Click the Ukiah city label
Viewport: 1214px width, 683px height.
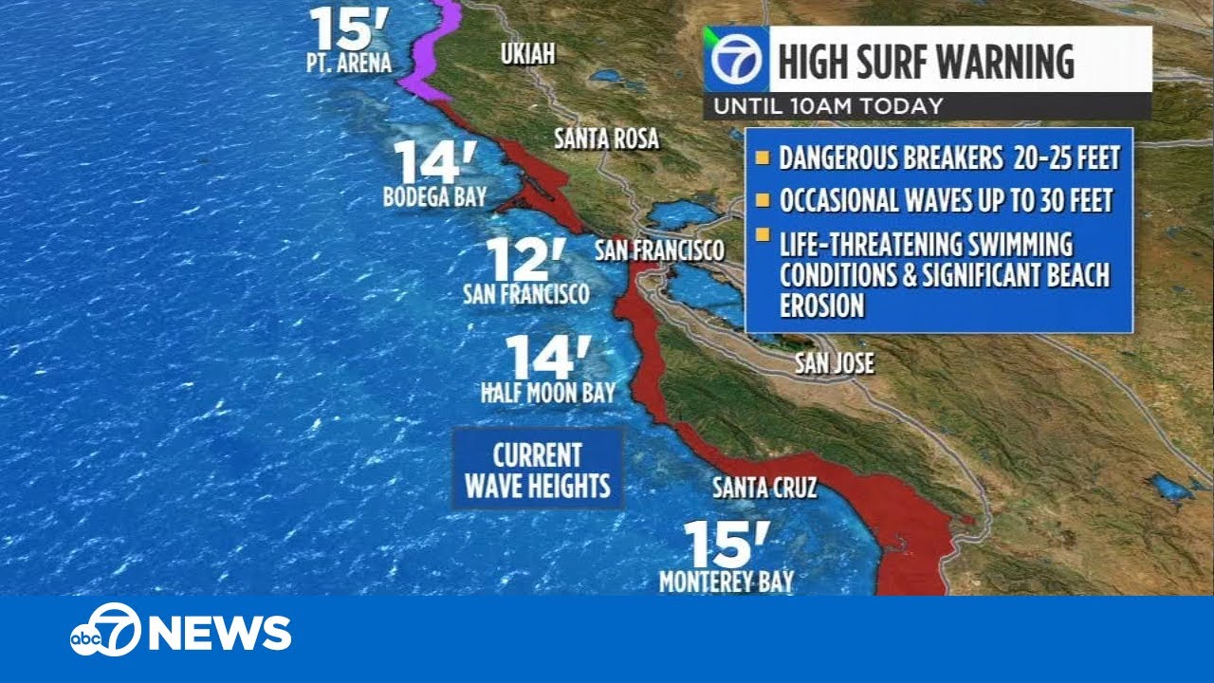pos(527,55)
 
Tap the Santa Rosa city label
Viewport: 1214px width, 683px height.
pos(606,139)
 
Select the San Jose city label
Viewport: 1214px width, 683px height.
pos(834,363)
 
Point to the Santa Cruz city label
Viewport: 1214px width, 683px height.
pos(764,489)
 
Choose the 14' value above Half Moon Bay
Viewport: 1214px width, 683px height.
pos(548,358)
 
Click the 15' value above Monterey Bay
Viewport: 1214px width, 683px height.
pos(727,545)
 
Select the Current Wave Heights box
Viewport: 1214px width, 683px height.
pos(537,469)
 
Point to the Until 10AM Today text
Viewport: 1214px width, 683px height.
pos(828,106)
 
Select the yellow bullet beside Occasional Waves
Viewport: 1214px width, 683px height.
pos(762,200)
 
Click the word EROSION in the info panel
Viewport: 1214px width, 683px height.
pos(821,305)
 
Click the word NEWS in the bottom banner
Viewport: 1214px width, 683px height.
pos(220,633)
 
